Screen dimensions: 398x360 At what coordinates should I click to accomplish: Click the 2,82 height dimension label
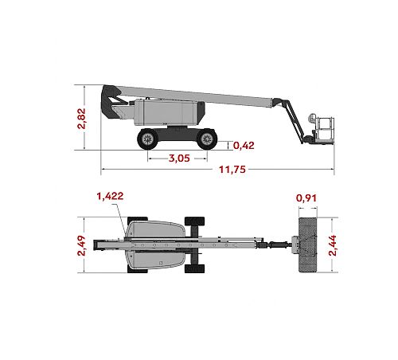(82, 119)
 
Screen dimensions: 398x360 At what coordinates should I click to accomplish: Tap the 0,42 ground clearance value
(244, 146)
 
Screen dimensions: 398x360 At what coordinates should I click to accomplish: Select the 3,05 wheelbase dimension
(179, 158)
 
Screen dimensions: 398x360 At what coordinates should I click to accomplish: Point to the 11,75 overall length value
(232, 170)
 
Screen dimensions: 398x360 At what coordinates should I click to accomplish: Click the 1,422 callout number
(110, 196)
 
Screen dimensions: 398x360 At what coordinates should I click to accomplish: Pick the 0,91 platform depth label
(306, 198)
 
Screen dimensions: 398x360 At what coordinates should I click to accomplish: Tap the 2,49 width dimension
(81, 245)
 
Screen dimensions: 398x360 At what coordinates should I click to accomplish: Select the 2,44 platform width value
(333, 245)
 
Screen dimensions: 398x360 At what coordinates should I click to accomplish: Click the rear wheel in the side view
(147, 139)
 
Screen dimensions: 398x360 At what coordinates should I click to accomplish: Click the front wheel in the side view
(207, 139)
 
